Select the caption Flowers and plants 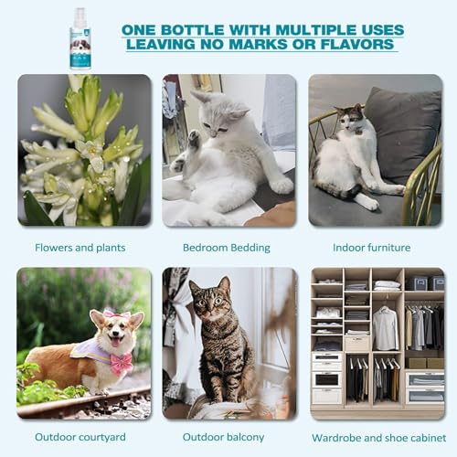point(80,248)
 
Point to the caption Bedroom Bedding point(226,248)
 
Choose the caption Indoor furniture point(373,248)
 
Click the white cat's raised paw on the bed point(193,139)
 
